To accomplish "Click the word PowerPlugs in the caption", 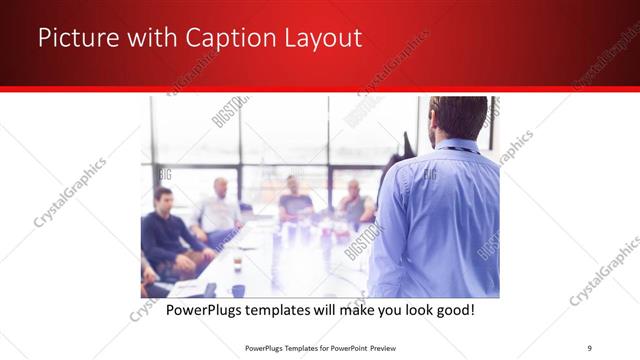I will [x=205, y=311].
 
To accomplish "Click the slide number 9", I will [x=590, y=347].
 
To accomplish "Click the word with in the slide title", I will [x=147, y=39].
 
